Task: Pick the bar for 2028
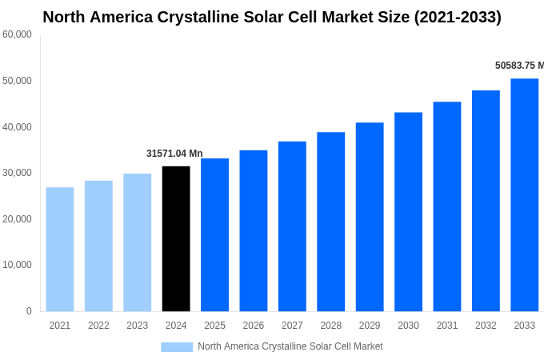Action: click(x=330, y=222)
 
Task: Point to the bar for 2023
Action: click(x=138, y=242)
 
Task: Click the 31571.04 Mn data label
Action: click(x=174, y=154)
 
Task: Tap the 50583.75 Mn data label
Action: click(x=518, y=66)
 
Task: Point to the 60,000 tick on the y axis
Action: click(x=17, y=34)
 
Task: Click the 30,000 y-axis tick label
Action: click(x=17, y=173)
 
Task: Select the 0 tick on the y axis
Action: click(x=29, y=311)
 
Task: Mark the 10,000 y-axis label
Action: click(x=17, y=265)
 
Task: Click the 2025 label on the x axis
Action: click(x=214, y=326)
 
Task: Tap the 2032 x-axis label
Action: click(x=486, y=326)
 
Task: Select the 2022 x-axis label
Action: click(x=98, y=326)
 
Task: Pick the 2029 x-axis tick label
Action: click(x=370, y=326)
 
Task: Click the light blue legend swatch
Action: click(x=177, y=346)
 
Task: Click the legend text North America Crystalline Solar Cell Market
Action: click(x=290, y=346)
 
